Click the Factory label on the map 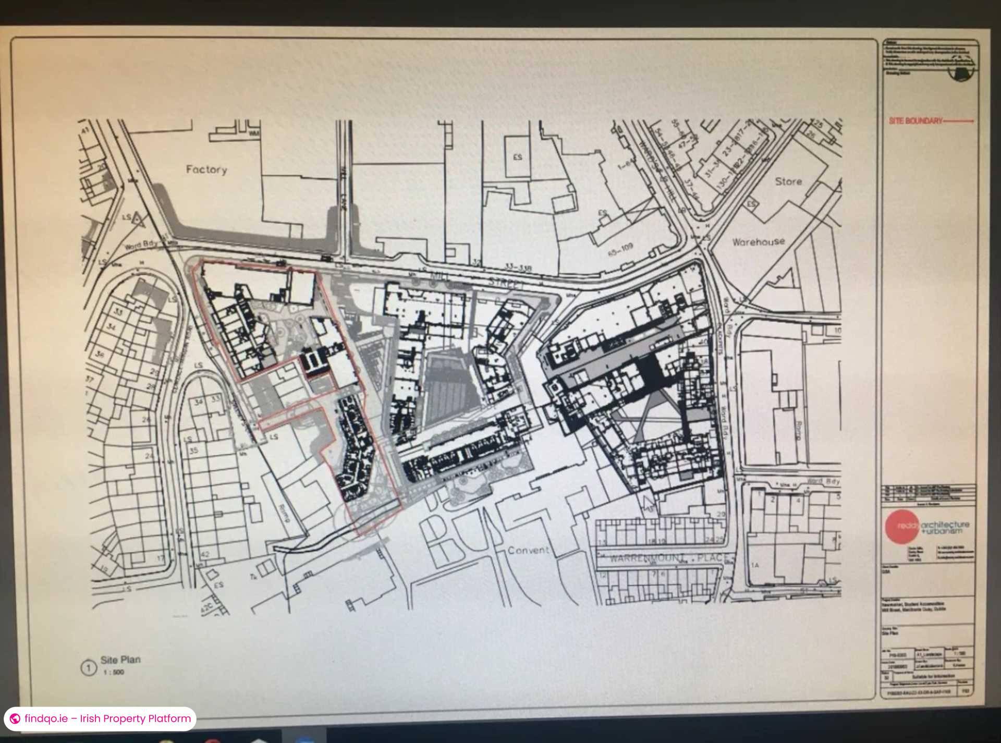(x=206, y=169)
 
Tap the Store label (x=788, y=181)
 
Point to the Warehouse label (x=758, y=241)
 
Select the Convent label (x=528, y=550)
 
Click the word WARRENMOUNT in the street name (x=639, y=558)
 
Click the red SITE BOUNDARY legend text (x=915, y=121)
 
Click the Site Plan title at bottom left (x=120, y=660)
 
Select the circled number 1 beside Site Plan (x=89, y=668)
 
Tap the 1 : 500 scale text (x=114, y=672)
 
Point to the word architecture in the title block (x=945, y=524)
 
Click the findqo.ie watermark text (x=107, y=718)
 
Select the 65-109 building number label (x=620, y=249)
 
